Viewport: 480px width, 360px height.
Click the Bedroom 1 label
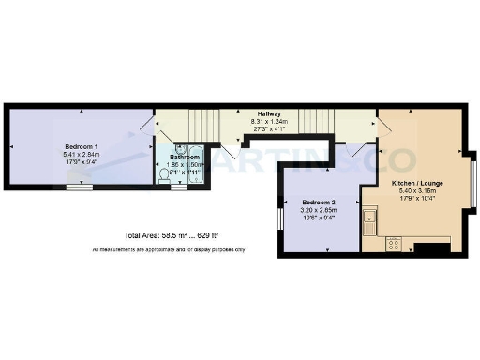(82, 147)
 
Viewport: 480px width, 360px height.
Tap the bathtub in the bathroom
(197, 166)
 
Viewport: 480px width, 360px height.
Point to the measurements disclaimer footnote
(169, 249)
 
